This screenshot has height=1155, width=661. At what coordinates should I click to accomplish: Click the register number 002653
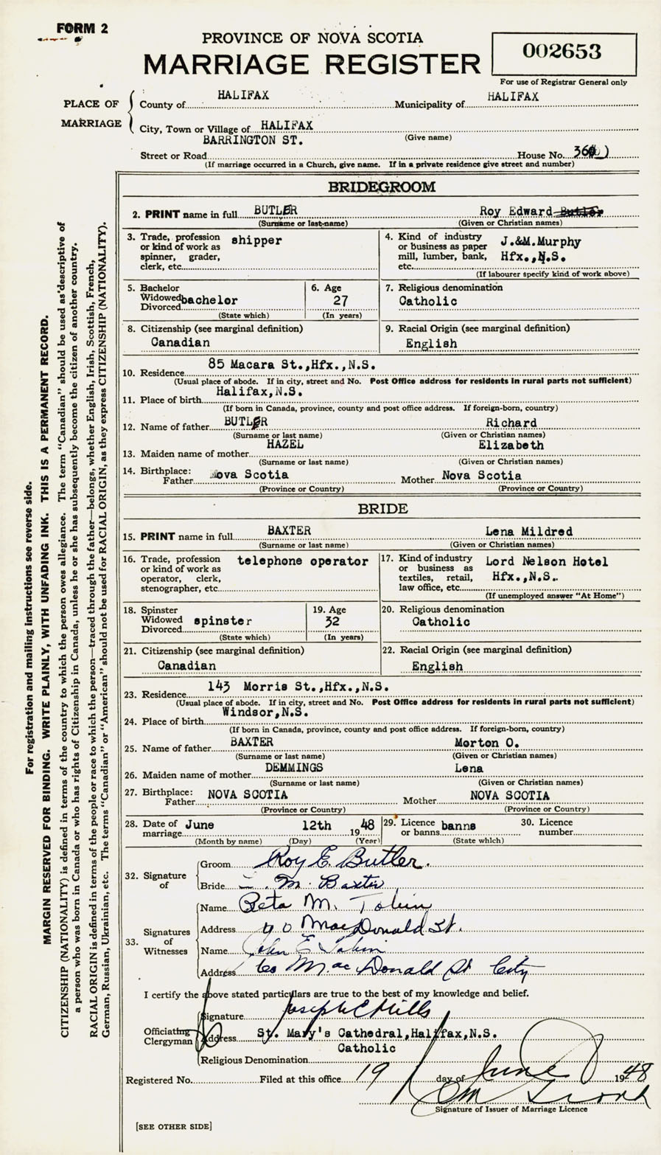tap(562, 52)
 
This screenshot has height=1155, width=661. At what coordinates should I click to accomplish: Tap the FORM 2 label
tap(82, 29)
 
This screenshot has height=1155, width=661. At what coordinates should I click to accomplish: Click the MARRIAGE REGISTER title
tap(311, 65)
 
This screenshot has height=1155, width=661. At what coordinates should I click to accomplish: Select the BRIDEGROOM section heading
tap(381, 187)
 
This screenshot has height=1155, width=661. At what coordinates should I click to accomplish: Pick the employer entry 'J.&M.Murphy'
tap(540, 242)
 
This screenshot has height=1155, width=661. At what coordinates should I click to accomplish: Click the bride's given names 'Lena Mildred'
tap(518, 531)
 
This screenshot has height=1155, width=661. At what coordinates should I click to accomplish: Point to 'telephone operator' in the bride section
tap(303, 561)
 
